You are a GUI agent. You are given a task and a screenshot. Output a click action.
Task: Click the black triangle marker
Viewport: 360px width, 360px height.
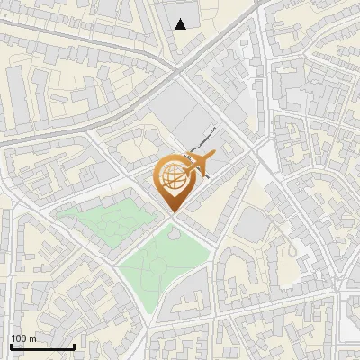coord(182,24)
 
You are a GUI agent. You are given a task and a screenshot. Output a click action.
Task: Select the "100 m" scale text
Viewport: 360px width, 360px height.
coord(23,338)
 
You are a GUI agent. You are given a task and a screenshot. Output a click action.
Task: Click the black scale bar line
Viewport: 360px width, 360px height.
coord(42,346)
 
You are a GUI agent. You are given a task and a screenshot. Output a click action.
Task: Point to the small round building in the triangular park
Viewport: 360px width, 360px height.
coord(173,235)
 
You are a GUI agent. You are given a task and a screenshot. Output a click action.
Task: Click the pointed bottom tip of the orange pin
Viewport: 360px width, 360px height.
coord(173,212)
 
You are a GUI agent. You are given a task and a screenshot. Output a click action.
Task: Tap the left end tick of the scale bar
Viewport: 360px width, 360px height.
coord(12,346)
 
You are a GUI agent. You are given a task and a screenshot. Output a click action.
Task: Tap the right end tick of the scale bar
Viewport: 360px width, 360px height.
coord(74,346)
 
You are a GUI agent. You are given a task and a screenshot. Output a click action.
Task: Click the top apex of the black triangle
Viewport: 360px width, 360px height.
coord(182,19)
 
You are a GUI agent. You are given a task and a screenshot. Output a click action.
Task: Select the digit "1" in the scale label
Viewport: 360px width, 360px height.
coord(13,338)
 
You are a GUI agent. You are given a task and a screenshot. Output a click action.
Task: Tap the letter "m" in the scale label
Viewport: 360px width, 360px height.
coord(32,338)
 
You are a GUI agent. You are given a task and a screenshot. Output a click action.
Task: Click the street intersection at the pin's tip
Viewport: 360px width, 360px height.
coord(173,215)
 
